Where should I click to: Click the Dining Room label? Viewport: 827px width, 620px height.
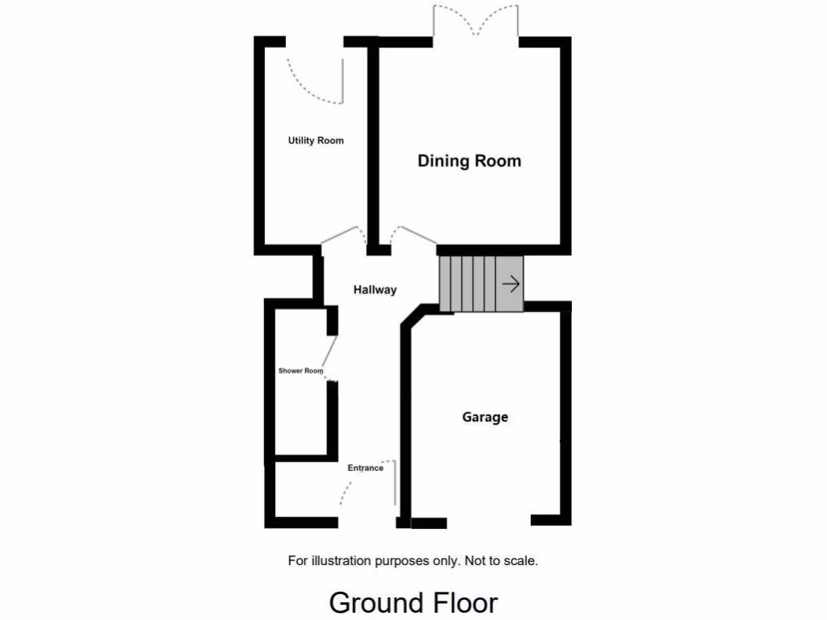tap(469, 161)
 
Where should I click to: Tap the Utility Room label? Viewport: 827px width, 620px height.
tap(316, 140)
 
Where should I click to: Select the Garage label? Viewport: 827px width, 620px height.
tap(485, 417)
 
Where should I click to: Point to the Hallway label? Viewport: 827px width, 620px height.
tap(375, 290)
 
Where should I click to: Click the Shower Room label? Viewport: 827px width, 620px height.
tap(300, 371)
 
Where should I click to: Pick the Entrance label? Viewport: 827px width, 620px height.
tap(365, 468)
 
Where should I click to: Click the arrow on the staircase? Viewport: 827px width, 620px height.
tap(510, 284)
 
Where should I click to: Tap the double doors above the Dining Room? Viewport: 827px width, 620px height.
tap(475, 22)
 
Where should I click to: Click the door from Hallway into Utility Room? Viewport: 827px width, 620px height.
tap(342, 234)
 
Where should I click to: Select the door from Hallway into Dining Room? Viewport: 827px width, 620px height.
tap(413, 235)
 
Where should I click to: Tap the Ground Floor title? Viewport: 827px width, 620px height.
tap(413, 602)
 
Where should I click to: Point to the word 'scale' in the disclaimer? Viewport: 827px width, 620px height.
tap(519, 560)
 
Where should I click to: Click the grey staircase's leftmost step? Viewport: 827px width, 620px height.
tap(445, 283)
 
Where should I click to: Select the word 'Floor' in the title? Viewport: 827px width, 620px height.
tap(464, 602)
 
